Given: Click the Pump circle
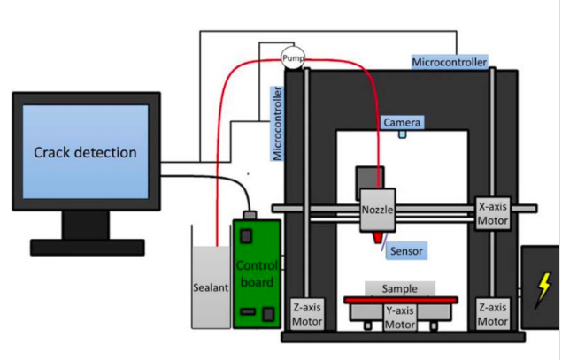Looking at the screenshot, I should click(x=292, y=58).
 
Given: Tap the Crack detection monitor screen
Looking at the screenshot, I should click(x=86, y=152).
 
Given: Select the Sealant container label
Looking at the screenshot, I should click(x=211, y=287).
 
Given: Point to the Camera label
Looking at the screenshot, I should click(x=402, y=122).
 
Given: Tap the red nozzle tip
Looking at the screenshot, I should click(x=379, y=239).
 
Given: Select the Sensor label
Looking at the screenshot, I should click(x=408, y=252).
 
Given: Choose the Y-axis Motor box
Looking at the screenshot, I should click(x=400, y=317).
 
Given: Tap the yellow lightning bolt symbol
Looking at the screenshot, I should click(x=541, y=287).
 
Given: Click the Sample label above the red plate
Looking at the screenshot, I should click(x=399, y=289).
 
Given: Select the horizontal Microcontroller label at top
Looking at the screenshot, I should click(x=449, y=63).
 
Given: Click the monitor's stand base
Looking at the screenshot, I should click(x=87, y=247).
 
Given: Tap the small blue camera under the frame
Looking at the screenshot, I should click(x=402, y=134).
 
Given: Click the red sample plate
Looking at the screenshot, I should click(x=400, y=300).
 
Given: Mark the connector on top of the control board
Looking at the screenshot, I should click(x=253, y=214).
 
